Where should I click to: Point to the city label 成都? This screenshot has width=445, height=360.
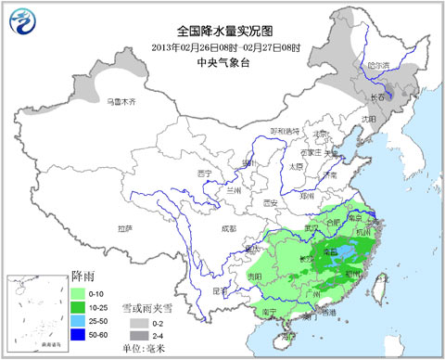click(x=216, y=227)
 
